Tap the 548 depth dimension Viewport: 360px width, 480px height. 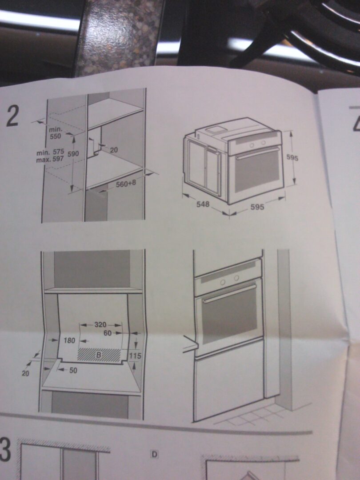(203, 204)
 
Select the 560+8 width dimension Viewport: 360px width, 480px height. (126, 184)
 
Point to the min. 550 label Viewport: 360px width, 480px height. (56, 133)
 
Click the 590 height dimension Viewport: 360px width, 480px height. (73, 154)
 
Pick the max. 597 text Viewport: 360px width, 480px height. (50, 159)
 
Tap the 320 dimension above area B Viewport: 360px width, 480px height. (100, 325)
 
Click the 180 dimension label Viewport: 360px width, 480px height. (69, 340)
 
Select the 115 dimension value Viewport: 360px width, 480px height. (135, 356)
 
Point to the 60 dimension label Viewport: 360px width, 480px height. (108, 333)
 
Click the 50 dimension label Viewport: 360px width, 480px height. (73, 370)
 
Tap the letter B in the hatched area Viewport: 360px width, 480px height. (99, 355)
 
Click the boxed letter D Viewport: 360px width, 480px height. (155, 455)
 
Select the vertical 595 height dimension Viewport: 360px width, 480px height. (292, 158)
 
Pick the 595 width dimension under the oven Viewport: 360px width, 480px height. (257, 207)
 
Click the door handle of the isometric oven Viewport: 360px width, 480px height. (257, 153)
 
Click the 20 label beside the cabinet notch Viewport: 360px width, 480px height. (114, 150)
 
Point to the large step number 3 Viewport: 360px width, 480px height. (5, 450)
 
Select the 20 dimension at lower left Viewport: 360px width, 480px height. (25, 373)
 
